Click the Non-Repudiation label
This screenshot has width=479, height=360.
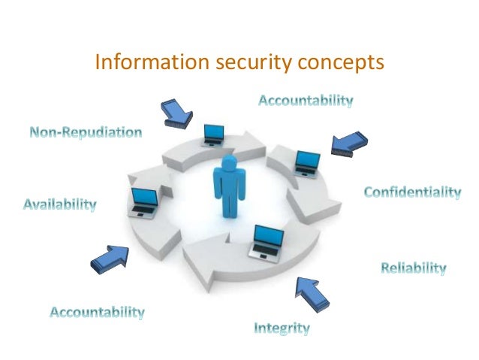pyautogui.click(x=86, y=133)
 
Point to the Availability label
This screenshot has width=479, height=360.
pyautogui.click(x=60, y=204)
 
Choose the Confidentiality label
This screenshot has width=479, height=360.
pyautogui.click(x=412, y=193)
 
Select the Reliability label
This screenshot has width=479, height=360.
pyautogui.click(x=414, y=268)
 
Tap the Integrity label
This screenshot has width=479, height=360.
pyautogui.click(x=282, y=328)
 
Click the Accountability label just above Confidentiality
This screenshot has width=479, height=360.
pyautogui.click(x=306, y=100)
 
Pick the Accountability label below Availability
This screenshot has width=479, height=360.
pyautogui.click(x=97, y=311)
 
